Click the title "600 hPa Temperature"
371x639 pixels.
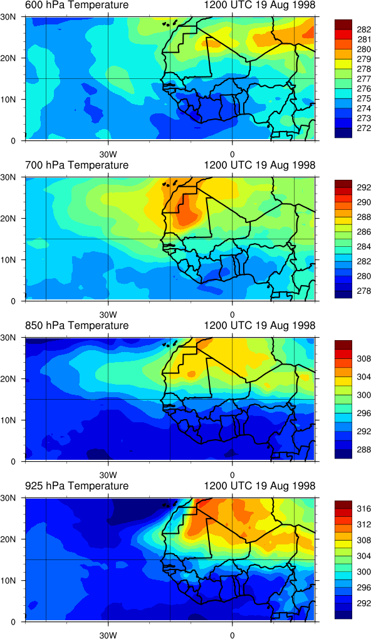click(76, 5)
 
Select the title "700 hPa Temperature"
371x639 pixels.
click(76, 165)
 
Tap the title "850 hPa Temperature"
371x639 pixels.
click(76, 326)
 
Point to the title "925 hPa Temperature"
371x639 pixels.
click(76, 486)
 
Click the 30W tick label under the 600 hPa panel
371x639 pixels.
click(108, 155)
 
